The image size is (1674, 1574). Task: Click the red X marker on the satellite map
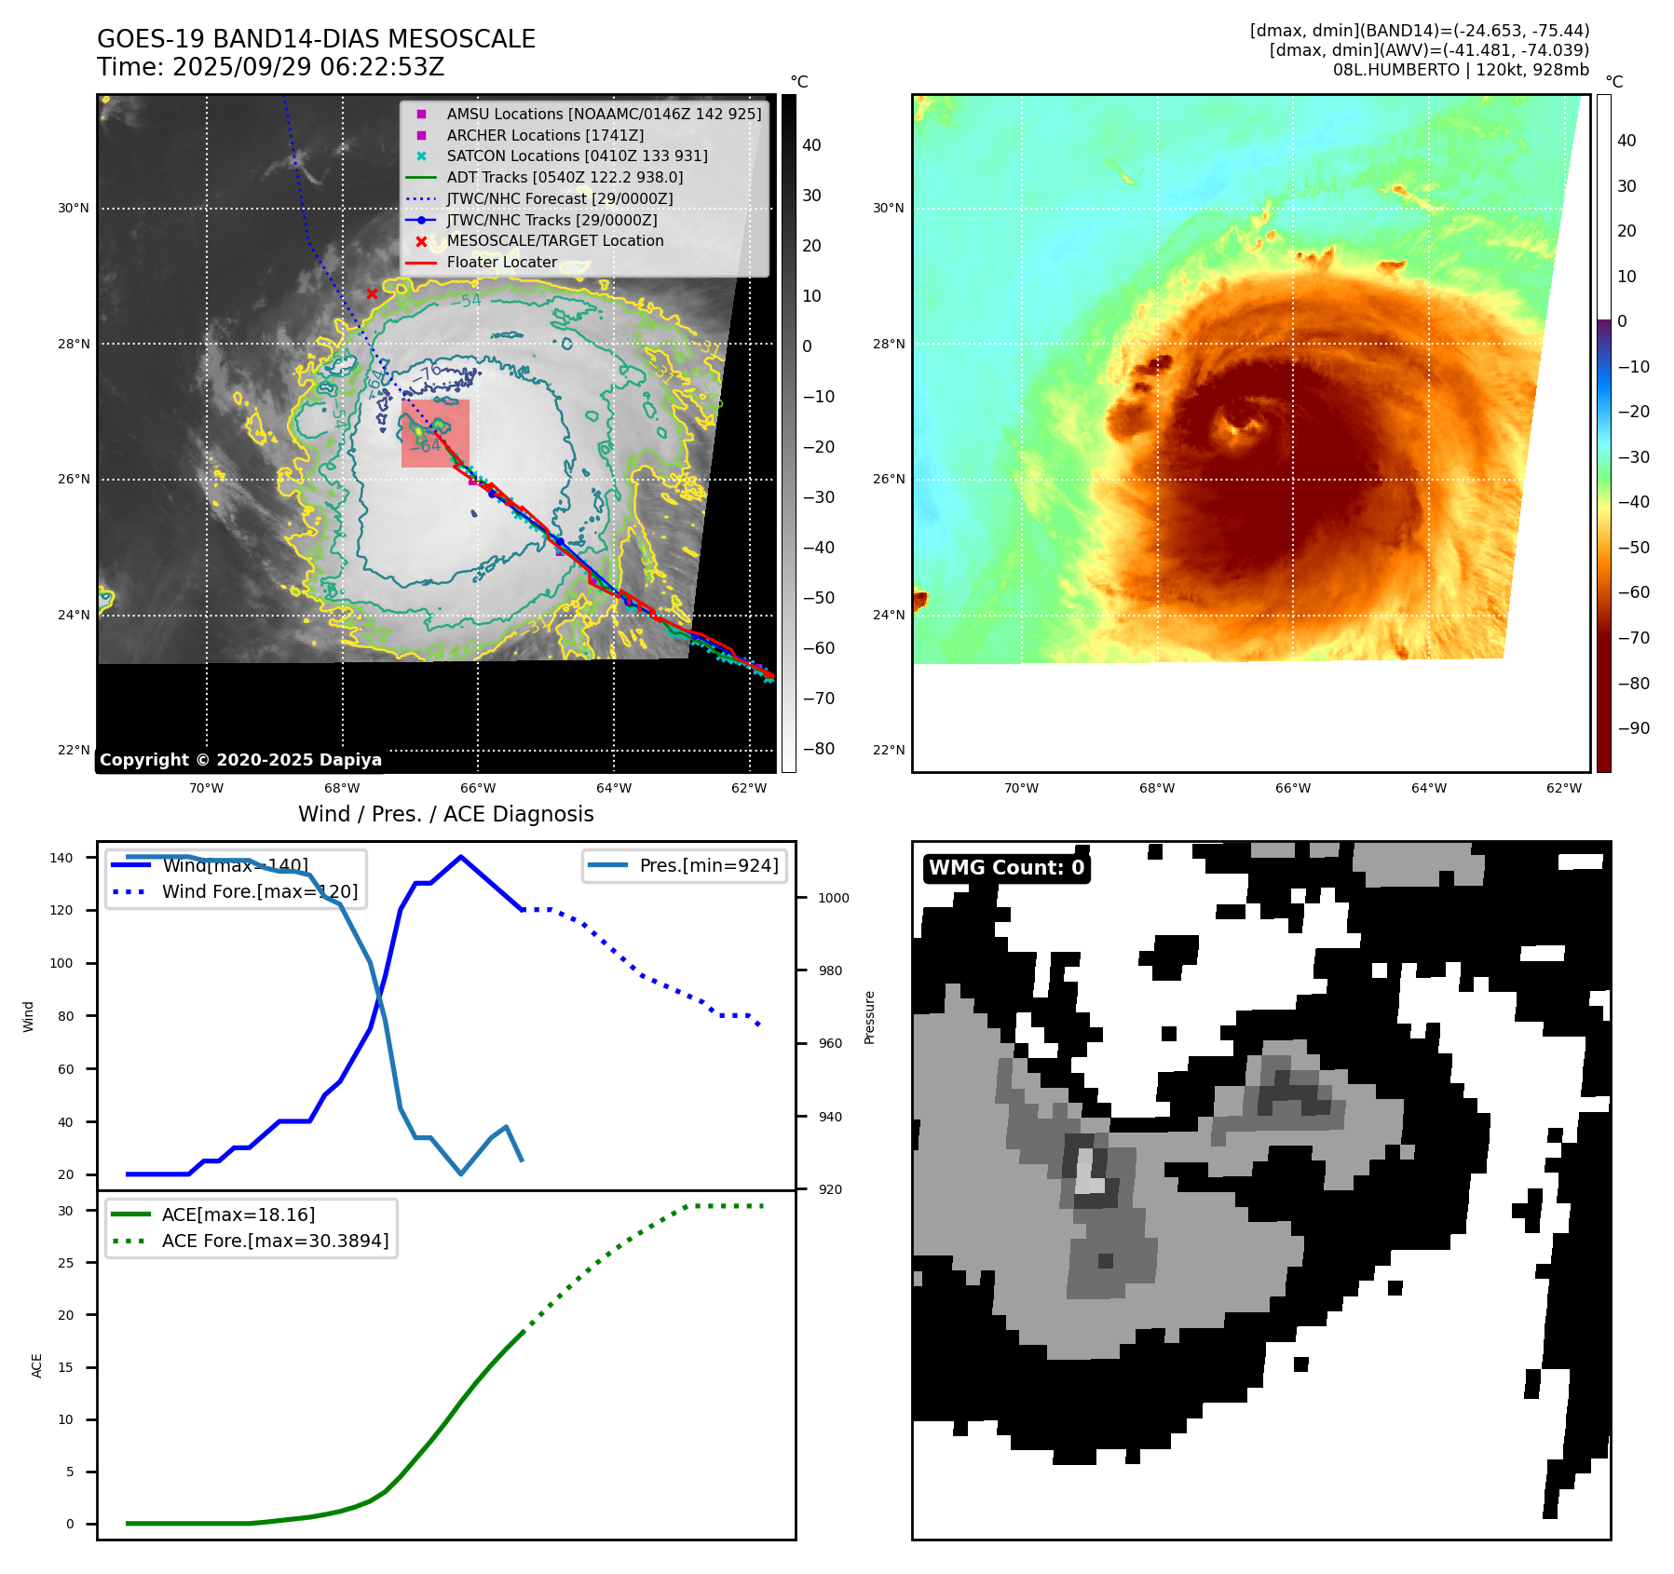(372, 293)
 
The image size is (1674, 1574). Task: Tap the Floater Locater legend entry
(501, 262)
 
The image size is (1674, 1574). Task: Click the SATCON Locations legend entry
(577, 156)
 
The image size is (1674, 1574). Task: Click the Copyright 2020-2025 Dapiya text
(240, 760)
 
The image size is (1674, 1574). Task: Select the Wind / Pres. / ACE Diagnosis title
(445, 814)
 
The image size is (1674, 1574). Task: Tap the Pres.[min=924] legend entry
(708, 865)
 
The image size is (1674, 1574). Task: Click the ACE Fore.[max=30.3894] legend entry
(275, 1241)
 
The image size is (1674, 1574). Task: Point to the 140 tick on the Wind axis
(61, 858)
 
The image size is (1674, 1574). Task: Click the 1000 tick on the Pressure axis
(833, 898)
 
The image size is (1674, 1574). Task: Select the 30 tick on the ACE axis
(66, 1211)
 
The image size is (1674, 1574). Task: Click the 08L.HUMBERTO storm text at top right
(1461, 70)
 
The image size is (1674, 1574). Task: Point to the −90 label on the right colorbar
(1633, 728)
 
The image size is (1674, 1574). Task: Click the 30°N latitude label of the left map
(74, 208)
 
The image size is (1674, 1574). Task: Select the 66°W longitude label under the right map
(1292, 788)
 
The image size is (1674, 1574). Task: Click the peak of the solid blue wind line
(461, 857)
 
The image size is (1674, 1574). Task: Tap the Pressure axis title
(869, 1017)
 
